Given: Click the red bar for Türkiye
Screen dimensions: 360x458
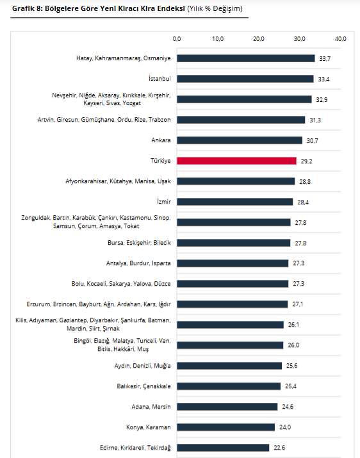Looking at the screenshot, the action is (x=236, y=161).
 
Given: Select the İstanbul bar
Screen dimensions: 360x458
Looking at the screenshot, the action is (x=245, y=79).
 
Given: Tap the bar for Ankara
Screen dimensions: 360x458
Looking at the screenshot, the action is (x=240, y=140).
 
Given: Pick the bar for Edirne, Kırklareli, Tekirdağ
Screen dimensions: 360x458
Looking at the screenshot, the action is (x=223, y=448).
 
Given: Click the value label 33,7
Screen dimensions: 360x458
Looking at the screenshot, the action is (x=325, y=59).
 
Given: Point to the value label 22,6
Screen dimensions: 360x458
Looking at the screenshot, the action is (x=279, y=448).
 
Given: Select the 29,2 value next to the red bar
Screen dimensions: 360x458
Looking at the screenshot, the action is (x=307, y=161).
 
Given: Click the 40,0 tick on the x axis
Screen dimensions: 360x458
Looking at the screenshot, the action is (x=340, y=39).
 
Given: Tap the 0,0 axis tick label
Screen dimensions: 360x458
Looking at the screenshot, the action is (x=177, y=39).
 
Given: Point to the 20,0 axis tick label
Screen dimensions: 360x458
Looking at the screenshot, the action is (x=259, y=39).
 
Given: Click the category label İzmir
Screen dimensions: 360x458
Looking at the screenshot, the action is (x=163, y=202).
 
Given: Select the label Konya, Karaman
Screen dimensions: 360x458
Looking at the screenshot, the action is (x=149, y=427).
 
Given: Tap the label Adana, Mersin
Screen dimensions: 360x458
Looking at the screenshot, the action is (x=151, y=407).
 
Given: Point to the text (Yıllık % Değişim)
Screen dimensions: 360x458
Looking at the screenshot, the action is (x=215, y=9).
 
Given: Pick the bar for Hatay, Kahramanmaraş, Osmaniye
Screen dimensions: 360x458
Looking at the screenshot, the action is (x=246, y=58).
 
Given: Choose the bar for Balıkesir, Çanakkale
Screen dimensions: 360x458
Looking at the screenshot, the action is (x=229, y=386).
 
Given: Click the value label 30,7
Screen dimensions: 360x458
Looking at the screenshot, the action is (x=313, y=141).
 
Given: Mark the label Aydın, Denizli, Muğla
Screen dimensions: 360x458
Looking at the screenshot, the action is (x=143, y=366).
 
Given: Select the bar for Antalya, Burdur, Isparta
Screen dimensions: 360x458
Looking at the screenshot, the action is (x=233, y=263).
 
